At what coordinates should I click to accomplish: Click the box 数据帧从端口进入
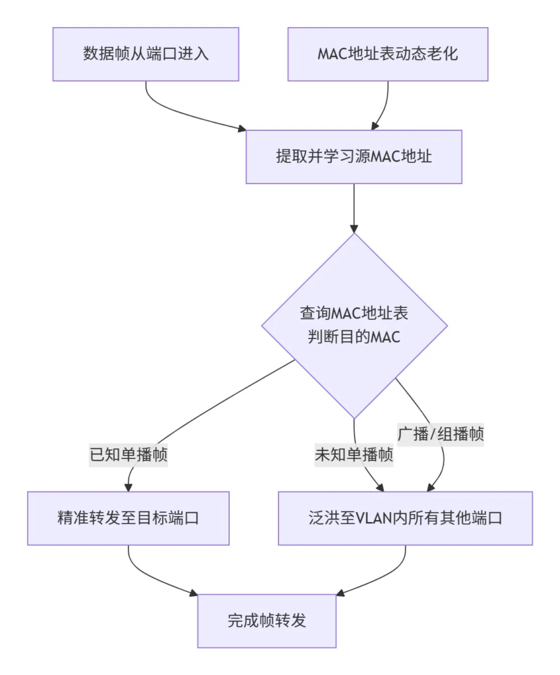(146, 54)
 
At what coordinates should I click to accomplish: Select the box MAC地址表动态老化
(388, 54)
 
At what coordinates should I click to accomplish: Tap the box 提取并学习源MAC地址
(354, 157)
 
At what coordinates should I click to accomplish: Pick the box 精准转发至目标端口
(128, 518)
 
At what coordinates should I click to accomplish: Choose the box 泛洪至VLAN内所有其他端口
(405, 518)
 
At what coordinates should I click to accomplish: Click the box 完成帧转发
(266, 621)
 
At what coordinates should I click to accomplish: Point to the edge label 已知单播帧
(129, 455)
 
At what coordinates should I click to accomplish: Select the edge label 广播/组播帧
(441, 434)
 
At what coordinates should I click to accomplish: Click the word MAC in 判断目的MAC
(386, 336)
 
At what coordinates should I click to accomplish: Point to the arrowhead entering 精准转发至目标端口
(128, 487)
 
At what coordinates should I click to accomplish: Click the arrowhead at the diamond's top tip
(354, 228)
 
